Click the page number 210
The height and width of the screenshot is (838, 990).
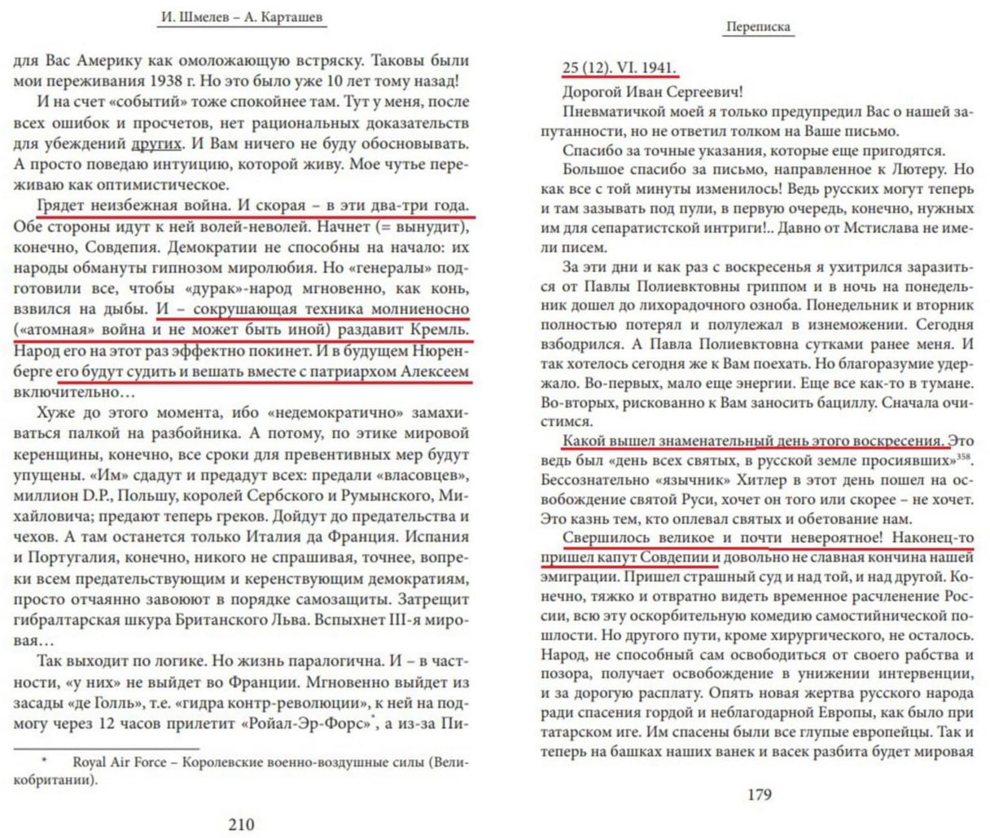[241, 823]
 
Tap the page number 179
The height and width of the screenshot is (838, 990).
[759, 794]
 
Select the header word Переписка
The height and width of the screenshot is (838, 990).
[758, 27]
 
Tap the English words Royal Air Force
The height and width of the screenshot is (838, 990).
[124, 763]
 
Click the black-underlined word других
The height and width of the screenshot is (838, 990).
[156, 144]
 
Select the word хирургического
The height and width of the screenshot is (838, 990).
[815, 634]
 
